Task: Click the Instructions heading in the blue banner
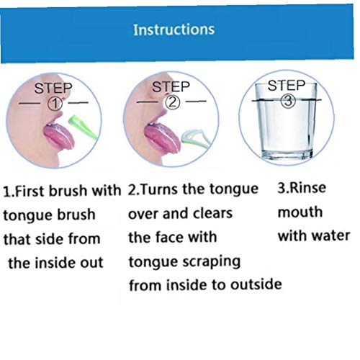[174, 30]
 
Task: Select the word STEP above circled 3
[287, 86]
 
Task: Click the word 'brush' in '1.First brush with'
[72, 192]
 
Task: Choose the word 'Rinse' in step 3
[307, 189]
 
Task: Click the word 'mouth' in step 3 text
[300, 213]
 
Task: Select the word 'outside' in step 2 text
[255, 284]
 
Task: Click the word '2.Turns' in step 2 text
[153, 190]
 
